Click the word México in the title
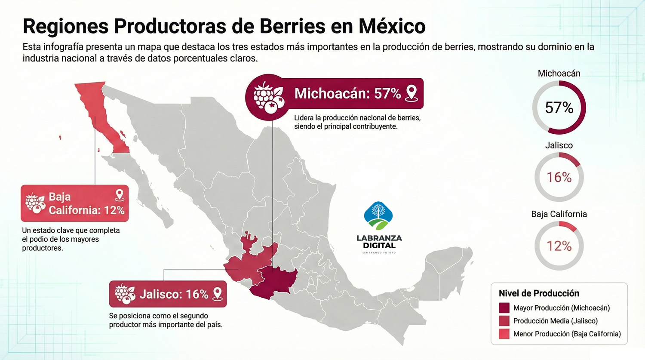tap(392, 26)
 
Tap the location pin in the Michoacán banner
tap(412, 93)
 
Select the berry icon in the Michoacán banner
tap(268, 98)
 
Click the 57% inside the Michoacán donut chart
tap(559, 108)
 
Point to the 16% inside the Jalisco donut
tap(559, 177)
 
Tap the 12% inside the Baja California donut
tap(559, 246)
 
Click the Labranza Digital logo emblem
tap(378, 216)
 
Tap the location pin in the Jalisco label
tap(218, 294)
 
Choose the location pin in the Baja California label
tap(120, 195)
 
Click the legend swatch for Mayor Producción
tap(504, 308)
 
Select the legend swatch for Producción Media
tap(504, 321)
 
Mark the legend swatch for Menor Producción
tap(504, 334)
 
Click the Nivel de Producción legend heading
tap(539, 293)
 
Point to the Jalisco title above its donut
tap(559, 145)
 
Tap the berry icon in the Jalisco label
tap(125, 294)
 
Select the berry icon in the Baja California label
tap(35, 203)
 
